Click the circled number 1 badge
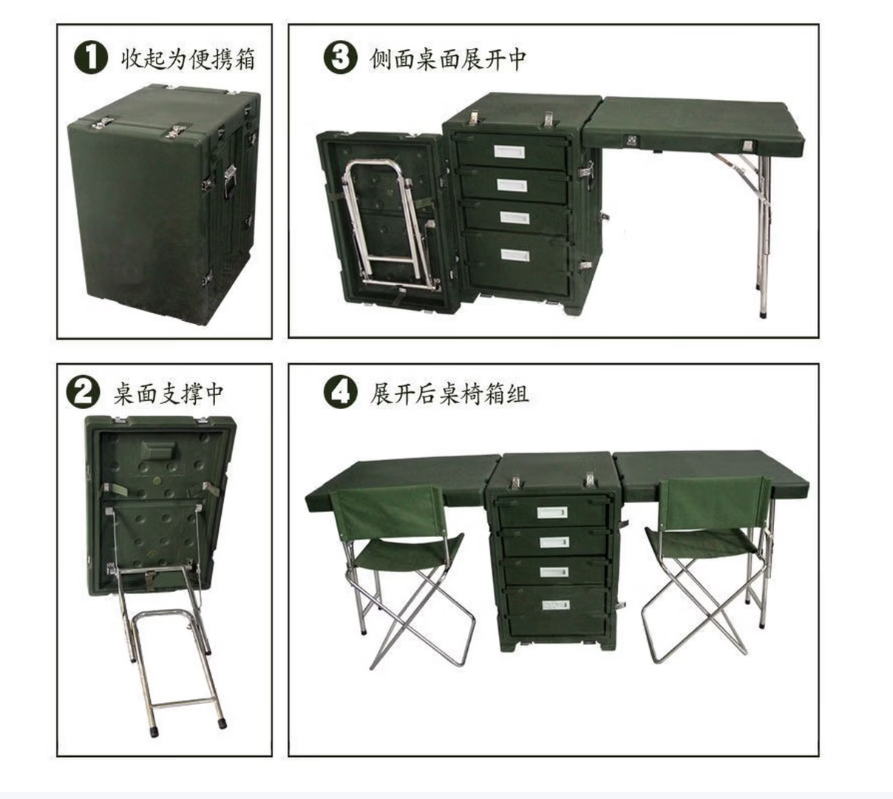pos(91,58)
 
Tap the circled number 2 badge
pos(84,393)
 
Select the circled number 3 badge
pos(340,58)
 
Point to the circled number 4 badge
pos(340,393)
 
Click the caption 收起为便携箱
pos(189,58)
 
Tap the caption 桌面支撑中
pos(169,394)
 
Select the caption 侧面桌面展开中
pos(448,58)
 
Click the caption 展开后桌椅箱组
pos(449,394)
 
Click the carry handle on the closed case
pos(230,181)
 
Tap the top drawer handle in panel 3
pos(510,152)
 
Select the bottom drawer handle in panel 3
pos(515,255)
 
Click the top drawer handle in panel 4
pos(552,512)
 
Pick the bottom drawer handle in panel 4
pos(556,606)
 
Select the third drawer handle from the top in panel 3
pos(514,217)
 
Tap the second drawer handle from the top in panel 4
pos(554,542)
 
